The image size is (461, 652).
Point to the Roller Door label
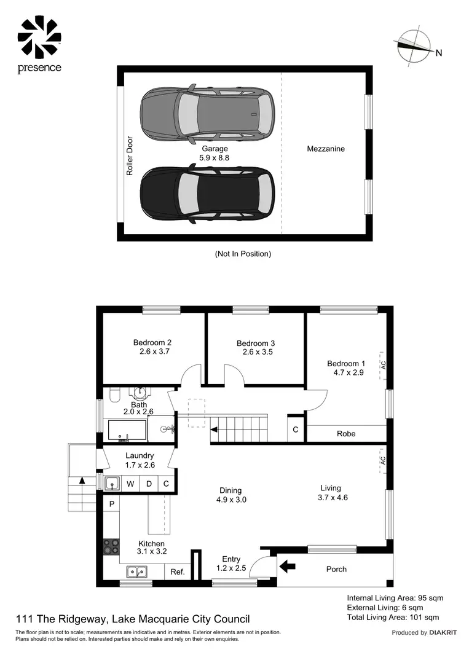click(130, 156)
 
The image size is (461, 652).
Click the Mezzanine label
click(326, 149)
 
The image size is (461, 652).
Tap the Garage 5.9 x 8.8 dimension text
click(215, 153)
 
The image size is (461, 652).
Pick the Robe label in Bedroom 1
click(346, 433)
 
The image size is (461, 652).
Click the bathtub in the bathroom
click(127, 430)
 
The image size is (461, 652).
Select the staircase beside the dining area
click(240, 425)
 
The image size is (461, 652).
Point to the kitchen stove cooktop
click(111, 546)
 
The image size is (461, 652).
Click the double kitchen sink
click(136, 572)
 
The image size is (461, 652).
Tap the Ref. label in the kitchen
click(178, 572)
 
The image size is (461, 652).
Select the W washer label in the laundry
click(130, 484)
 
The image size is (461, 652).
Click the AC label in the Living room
click(382, 460)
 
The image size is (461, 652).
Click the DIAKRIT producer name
click(442, 632)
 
